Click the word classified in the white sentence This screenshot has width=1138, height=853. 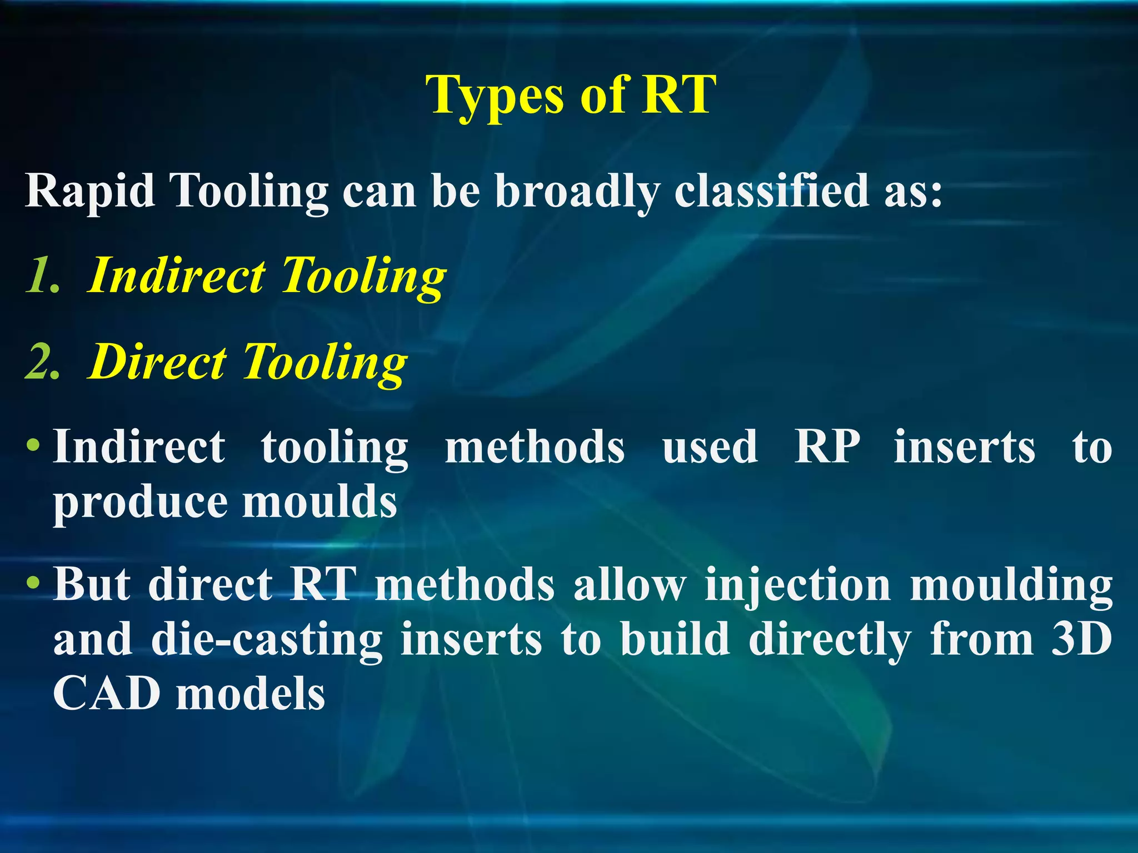click(x=772, y=190)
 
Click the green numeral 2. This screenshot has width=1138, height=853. click(x=42, y=362)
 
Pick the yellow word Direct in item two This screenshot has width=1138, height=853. click(x=158, y=362)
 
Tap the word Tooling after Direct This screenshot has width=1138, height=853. click(x=325, y=363)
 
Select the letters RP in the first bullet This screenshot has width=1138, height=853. click(x=826, y=446)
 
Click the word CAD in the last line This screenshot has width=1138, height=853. click(x=106, y=694)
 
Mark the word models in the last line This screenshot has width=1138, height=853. click(x=250, y=694)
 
